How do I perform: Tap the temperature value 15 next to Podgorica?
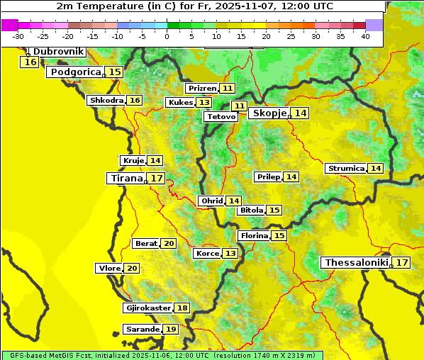point(115,72)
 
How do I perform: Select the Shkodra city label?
point(106,100)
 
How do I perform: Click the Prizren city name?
point(202,89)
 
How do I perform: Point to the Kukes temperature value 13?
point(204,103)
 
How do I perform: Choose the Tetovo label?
point(221,116)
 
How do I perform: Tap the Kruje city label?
point(133,161)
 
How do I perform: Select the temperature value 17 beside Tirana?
point(157,178)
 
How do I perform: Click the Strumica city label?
point(346,169)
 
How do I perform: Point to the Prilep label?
point(268,176)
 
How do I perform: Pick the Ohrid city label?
point(211,201)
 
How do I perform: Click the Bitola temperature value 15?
point(274,210)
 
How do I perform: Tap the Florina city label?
point(254,235)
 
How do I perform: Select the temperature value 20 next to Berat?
point(169,244)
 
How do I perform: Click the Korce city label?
point(207,254)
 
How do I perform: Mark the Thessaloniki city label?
point(356,263)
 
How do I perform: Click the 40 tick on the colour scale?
point(365,35)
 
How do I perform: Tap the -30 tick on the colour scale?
point(18,35)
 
